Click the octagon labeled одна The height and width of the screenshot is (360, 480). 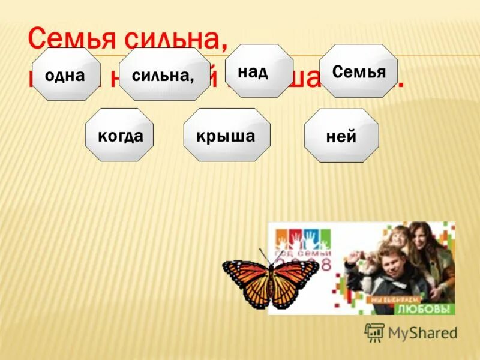click(x=65, y=75)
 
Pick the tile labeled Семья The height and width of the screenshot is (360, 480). click(x=358, y=71)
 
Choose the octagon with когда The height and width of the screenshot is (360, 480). click(x=119, y=136)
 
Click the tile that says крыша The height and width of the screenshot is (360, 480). click(x=226, y=136)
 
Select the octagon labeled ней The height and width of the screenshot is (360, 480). click(x=341, y=136)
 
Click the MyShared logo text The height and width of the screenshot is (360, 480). click(x=422, y=333)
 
